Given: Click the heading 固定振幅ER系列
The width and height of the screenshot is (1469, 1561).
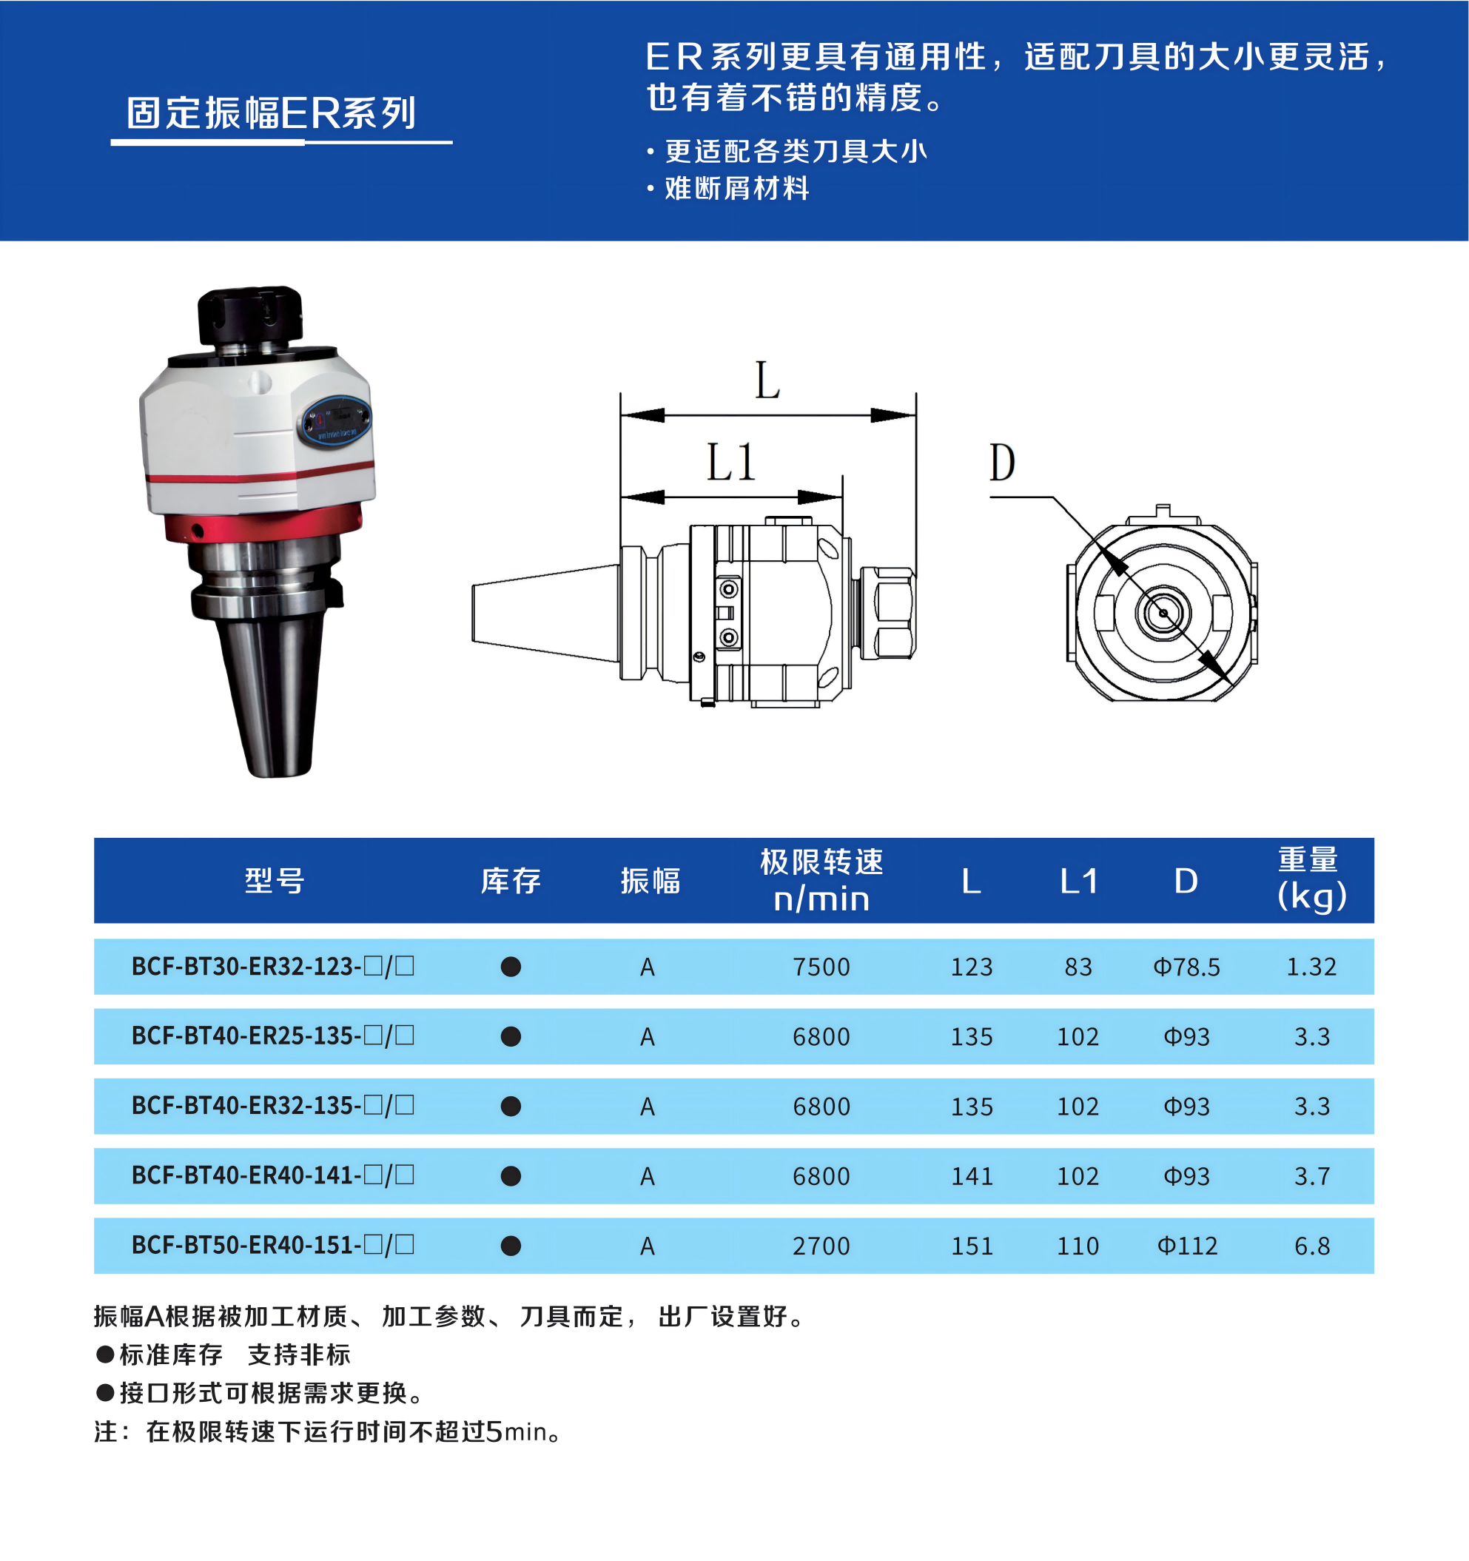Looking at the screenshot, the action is click(x=272, y=113).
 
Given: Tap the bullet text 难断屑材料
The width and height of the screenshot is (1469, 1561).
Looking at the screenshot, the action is click(x=736, y=189).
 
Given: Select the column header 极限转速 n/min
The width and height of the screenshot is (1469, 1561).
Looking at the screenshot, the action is click(x=821, y=880).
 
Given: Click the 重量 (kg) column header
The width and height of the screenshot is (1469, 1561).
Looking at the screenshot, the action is click(x=1311, y=879).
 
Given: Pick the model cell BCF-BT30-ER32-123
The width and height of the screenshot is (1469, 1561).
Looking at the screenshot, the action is click(x=272, y=966).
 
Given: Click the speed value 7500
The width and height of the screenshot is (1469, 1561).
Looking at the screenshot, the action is click(x=821, y=967).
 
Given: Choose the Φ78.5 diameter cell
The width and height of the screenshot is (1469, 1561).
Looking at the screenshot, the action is click(x=1186, y=967).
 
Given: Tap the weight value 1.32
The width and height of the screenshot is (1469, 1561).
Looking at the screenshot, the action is click(x=1311, y=967).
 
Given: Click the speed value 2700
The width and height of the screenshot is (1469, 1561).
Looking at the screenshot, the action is click(x=821, y=1246).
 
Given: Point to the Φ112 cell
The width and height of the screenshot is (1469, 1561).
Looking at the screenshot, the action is click(x=1187, y=1246).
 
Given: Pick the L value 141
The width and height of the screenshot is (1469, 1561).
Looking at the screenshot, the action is click(x=972, y=1175).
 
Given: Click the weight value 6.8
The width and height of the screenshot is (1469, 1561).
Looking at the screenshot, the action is click(x=1312, y=1246).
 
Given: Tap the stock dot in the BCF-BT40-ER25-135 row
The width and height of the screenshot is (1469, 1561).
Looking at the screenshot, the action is click(x=511, y=1036).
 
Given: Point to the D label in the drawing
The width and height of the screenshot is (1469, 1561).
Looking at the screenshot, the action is click(x=1002, y=463).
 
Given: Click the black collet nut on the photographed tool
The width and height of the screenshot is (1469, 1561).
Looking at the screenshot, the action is click(x=249, y=318).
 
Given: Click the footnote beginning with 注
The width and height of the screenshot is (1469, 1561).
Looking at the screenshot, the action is click(x=328, y=1431).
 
